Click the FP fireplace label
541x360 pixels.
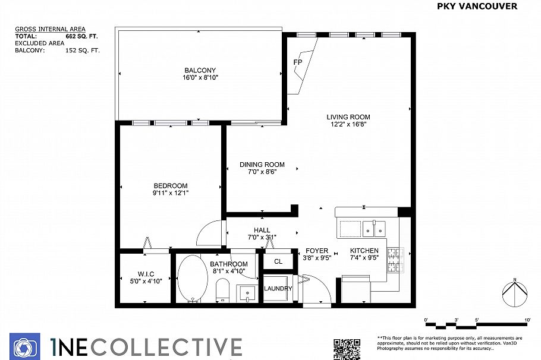tap(298, 62)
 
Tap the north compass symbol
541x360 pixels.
tap(515, 293)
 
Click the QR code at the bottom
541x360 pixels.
tap(346, 348)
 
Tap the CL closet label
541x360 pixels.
tap(278, 261)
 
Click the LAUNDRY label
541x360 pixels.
tap(278, 289)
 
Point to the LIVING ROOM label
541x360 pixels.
tap(348, 117)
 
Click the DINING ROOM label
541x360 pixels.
tap(262, 165)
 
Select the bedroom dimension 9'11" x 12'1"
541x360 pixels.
tap(171, 192)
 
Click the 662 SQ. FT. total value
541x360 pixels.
tap(81, 36)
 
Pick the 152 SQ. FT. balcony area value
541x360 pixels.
tap(82, 50)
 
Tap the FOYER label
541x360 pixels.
tap(316, 251)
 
